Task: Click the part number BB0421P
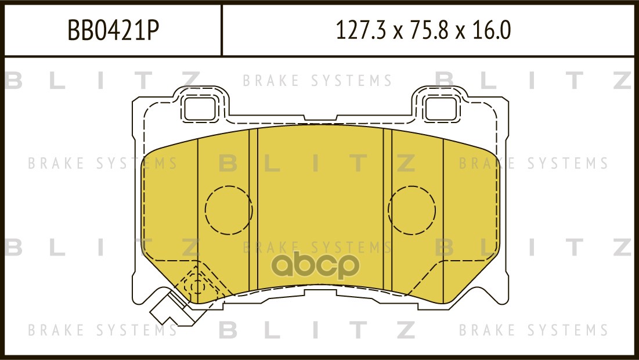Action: [x=113, y=30]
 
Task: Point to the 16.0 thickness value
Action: [x=492, y=30]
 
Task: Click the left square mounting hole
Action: [x=200, y=109]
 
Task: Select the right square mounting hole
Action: [x=441, y=109]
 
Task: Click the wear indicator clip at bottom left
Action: [x=171, y=310]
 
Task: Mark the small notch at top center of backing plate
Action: [x=320, y=118]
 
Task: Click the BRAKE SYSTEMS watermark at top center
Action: [x=317, y=81]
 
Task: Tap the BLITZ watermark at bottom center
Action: [x=317, y=329]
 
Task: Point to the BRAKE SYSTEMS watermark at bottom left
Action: [x=102, y=330]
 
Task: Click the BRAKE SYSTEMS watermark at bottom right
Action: [x=533, y=330]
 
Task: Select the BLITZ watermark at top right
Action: [x=534, y=80]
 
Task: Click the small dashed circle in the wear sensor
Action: [x=197, y=286]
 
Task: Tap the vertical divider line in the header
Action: [x=222, y=30]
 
